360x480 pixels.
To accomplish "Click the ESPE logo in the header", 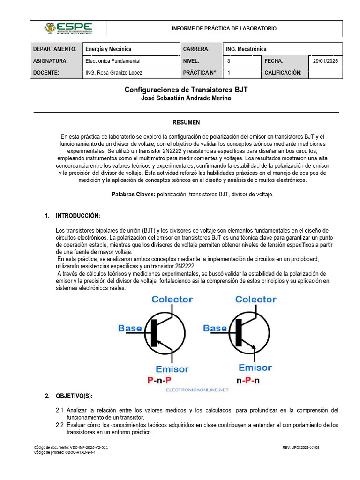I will [x=68, y=29].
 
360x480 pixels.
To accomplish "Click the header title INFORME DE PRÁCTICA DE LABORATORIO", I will [x=224, y=29].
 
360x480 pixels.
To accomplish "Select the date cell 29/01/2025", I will [x=326, y=61].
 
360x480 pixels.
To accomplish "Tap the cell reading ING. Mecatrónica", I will [x=246, y=49].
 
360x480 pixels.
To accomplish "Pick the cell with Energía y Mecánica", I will [x=108, y=49].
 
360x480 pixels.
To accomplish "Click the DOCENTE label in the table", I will [x=46, y=73].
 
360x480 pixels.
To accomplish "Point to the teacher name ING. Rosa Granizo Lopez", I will [x=114, y=73].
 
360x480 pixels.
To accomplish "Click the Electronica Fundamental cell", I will [x=113, y=61].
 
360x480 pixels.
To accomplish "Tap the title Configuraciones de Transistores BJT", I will [x=186, y=90].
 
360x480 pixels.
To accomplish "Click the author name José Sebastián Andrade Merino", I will [x=186, y=98].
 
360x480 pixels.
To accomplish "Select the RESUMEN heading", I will [x=186, y=122].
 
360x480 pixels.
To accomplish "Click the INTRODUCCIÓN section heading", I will [x=78, y=216].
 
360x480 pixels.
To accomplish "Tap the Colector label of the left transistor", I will [x=172, y=299].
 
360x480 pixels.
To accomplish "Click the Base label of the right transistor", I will [x=215, y=328].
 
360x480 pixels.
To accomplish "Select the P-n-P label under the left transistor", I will [x=160, y=380].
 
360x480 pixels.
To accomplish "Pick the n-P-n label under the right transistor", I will [x=248, y=380].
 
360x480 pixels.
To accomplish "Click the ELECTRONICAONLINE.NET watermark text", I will [x=197, y=390].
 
